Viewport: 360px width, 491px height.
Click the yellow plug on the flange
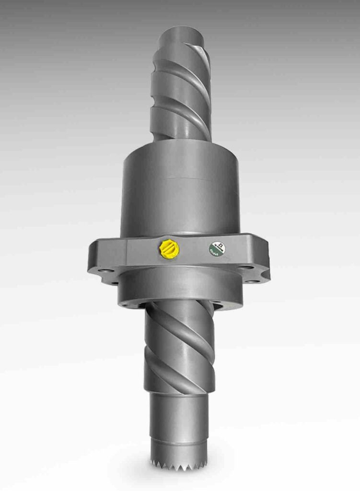click(169, 248)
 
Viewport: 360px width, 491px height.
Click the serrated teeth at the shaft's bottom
click(179, 464)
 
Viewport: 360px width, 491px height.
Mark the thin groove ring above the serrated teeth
click(179, 440)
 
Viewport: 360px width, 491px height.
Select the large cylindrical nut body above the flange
click(180, 192)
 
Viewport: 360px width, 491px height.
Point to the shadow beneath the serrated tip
click(179, 475)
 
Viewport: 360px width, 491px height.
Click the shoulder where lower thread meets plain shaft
click(179, 392)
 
